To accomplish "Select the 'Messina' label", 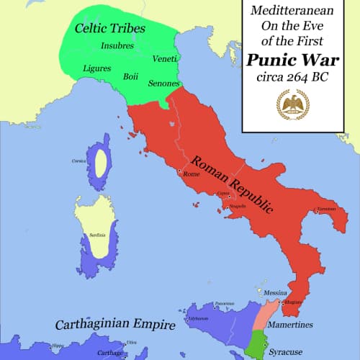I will tap(276, 294).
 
